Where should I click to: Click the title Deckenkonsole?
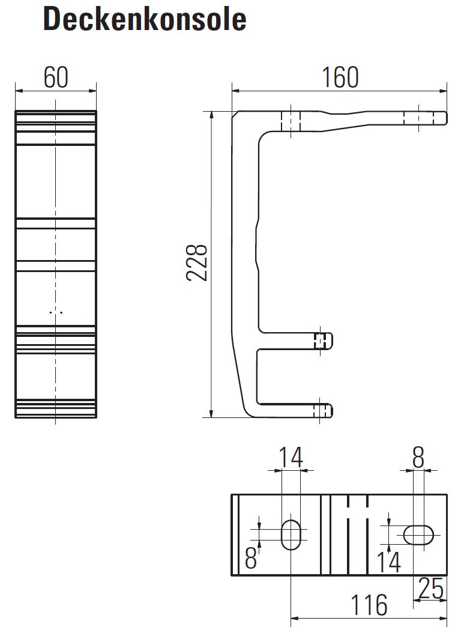[x=144, y=19]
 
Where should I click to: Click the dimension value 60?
[x=56, y=77]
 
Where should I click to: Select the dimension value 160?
[x=340, y=77]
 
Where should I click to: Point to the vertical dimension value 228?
[x=197, y=262]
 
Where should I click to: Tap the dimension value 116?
[x=369, y=605]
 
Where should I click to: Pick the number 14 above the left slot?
[x=291, y=457]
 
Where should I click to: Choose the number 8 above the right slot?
[x=418, y=457]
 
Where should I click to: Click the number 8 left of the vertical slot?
[x=251, y=558]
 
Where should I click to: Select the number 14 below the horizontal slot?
[x=388, y=562]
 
